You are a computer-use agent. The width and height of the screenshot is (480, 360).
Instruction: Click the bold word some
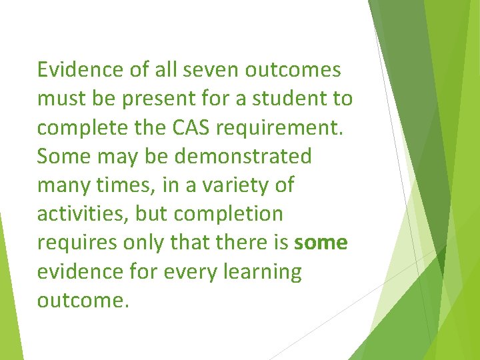pos(321,243)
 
